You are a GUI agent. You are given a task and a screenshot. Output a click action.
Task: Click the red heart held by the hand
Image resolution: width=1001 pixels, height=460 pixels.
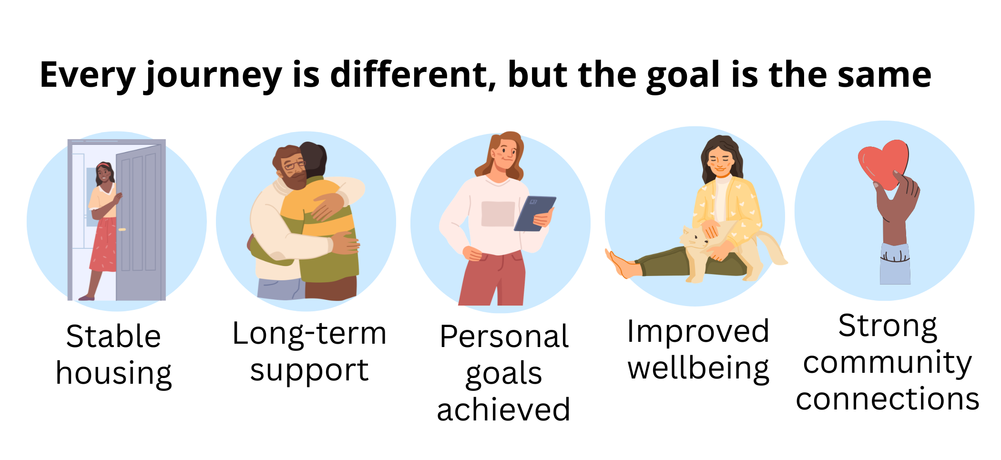883,164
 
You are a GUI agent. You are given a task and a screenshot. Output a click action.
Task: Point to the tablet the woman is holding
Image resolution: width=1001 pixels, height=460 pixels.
535,214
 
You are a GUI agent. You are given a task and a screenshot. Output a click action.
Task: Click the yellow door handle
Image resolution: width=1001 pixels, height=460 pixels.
122,230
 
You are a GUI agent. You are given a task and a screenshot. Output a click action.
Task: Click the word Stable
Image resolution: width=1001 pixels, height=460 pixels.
113,337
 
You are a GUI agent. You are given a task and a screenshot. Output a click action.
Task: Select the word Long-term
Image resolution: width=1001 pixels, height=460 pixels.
309,333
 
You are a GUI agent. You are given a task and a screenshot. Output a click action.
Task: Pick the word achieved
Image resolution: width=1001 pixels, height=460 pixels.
503,409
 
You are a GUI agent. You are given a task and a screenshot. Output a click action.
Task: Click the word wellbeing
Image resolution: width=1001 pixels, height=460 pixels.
698,369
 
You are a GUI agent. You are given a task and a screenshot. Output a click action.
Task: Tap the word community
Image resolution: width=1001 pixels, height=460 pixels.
887,364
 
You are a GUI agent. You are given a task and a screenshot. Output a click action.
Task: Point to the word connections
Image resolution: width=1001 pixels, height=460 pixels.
888,399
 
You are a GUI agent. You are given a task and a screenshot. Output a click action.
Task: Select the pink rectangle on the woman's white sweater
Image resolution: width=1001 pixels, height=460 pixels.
498,214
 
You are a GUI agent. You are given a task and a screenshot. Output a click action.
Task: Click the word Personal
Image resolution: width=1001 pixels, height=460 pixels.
504,337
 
